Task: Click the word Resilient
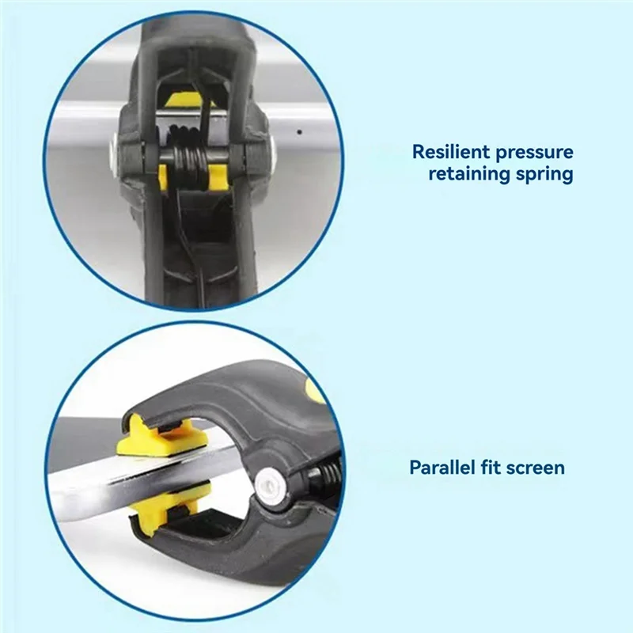pos(451,151)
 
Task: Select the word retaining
pos(465,174)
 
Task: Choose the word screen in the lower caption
pos(533,469)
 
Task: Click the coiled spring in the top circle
pos(188,161)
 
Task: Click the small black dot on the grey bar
pos(299,131)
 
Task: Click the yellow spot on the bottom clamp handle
pos(316,389)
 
